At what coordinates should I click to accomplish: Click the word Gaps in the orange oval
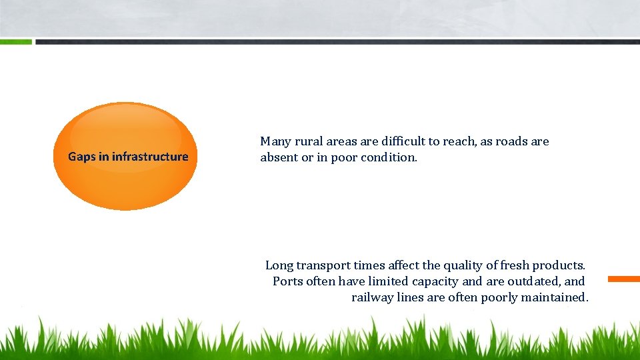[83, 157]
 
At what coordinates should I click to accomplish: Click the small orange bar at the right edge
[623, 279]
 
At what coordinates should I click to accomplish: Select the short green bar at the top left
[15, 41]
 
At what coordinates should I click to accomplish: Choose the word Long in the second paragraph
[279, 265]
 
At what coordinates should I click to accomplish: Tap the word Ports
[288, 281]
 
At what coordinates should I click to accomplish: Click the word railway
[372, 297]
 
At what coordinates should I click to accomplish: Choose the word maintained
[553, 297]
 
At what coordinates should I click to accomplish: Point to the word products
[559, 265]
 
